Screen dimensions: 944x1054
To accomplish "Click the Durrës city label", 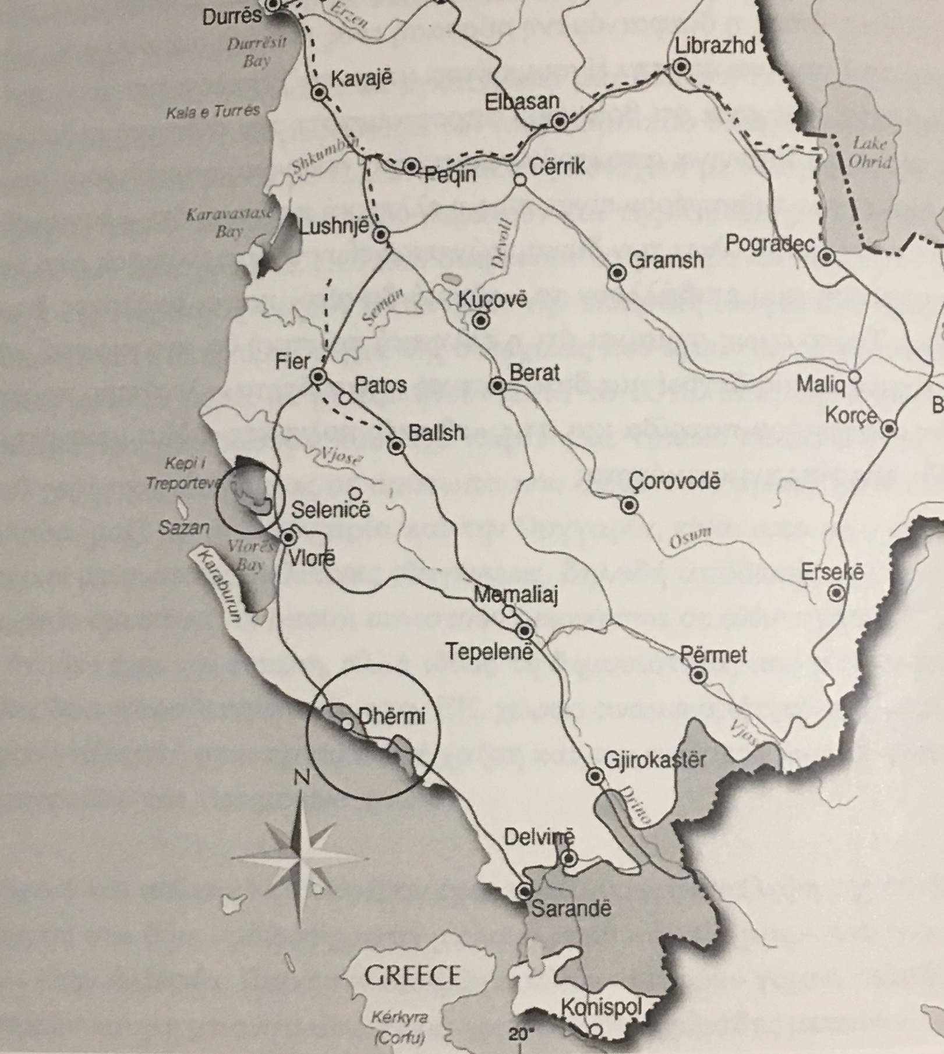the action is pyautogui.click(x=232, y=16).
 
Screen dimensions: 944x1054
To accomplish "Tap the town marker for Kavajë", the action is pyautogui.click(x=319, y=93).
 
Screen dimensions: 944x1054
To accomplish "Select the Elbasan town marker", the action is pyautogui.click(x=560, y=122).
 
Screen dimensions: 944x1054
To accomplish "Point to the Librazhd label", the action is pyautogui.click(x=715, y=45).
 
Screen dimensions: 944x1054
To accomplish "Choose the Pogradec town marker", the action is pyautogui.click(x=826, y=256).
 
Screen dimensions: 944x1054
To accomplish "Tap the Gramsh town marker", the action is pyautogui.click(x=617, y=273).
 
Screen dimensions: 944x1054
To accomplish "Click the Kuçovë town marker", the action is pyautogui.click(x=480, y=320).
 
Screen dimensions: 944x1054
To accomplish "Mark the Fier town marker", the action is pyautogui.click(x=318, y=377).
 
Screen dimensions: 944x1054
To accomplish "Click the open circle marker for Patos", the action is pyautogui.click(x=345, y=399).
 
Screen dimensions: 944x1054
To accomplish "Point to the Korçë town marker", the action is pyautogui.click(x=889, y=429).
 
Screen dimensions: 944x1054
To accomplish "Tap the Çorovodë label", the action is pyautogui.click(x=675, y=482).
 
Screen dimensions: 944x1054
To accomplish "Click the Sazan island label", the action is pyautogui.click(x=183, y=528).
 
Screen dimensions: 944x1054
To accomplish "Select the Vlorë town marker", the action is pyautogui.click(x=289, y=537).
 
